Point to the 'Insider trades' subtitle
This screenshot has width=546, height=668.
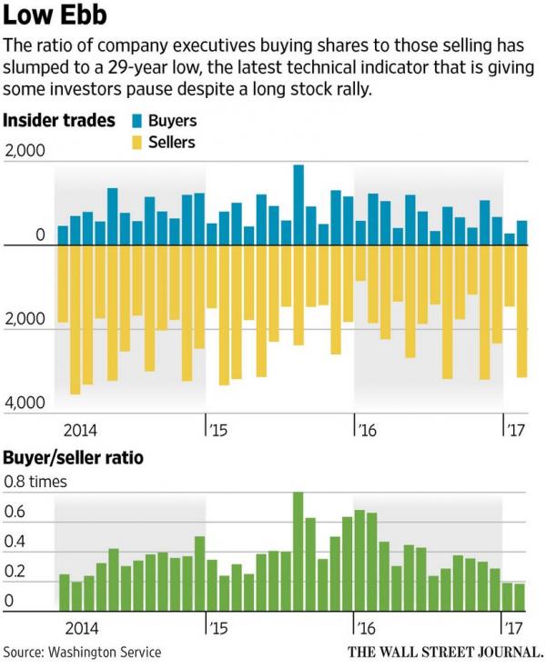[60, 121]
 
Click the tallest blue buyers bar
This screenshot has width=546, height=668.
[298, 205]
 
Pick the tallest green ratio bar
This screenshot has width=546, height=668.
[298, 551]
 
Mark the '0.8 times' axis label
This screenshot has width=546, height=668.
[36, 482]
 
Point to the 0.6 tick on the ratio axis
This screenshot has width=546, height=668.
[17, 513]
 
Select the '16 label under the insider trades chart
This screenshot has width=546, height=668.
[366, 428]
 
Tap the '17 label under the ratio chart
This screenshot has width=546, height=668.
[515, 627]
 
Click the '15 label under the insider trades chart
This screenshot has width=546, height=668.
[217, 428]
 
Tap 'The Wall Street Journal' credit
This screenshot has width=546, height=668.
[445, 652]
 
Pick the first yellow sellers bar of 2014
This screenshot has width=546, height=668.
[63, 284]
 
